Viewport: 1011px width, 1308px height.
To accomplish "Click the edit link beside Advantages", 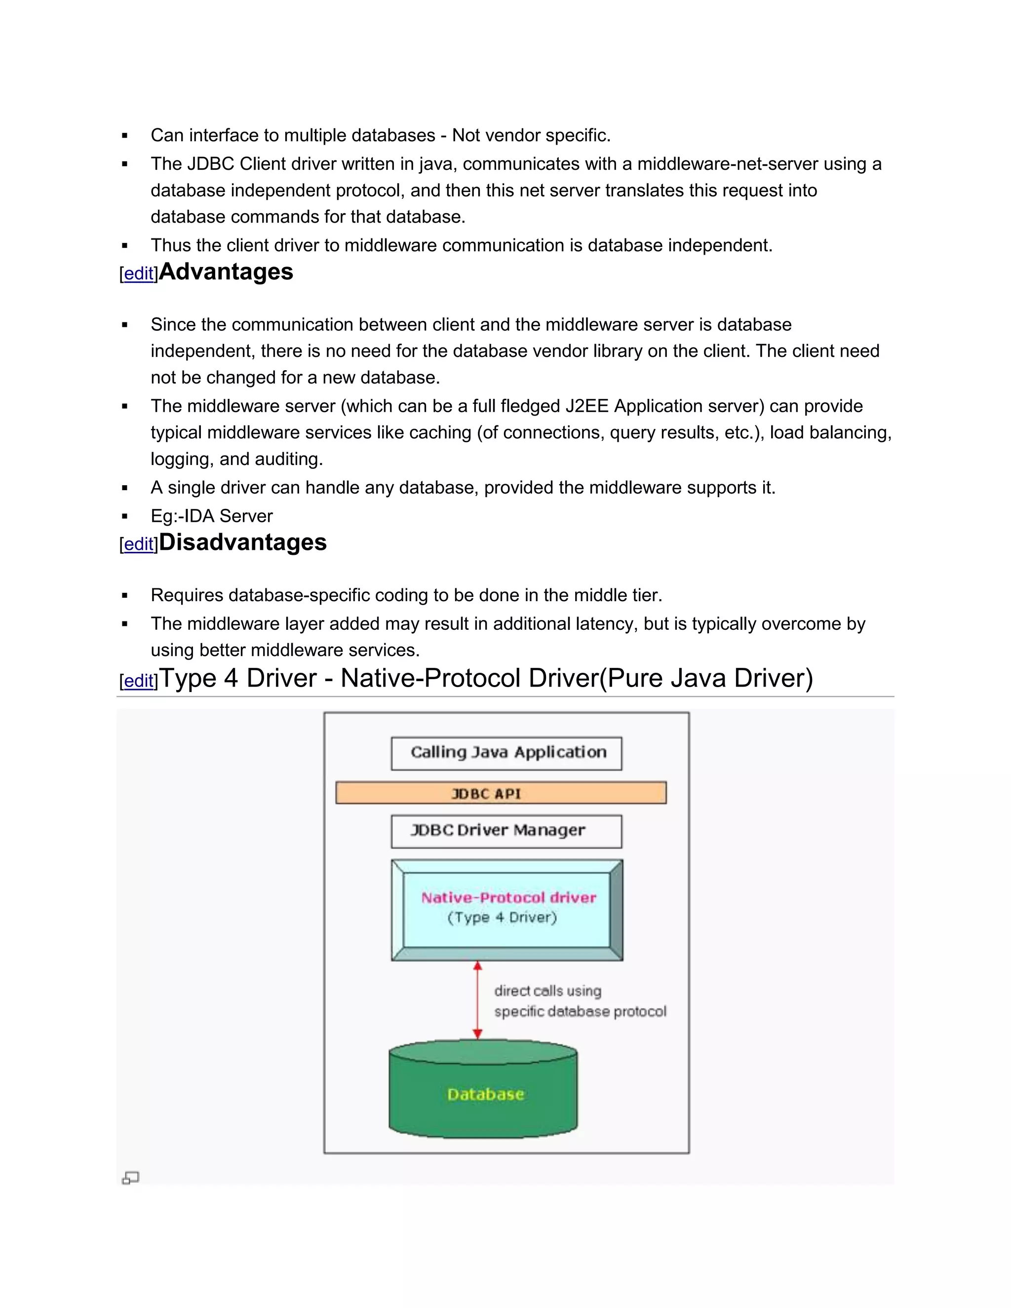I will (x=139, y=274).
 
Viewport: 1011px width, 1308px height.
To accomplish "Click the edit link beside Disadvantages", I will (x=139, y=544).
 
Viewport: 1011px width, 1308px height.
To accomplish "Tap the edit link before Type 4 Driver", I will (x=139, y=681).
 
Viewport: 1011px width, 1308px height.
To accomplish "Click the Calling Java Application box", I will (x=506, y=753).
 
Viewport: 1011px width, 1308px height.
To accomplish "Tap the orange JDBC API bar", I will (x=501, y=793).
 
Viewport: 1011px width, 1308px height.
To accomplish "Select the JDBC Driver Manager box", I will (x=506, y=831).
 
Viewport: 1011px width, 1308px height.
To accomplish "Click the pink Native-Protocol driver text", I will (x=508, y=897).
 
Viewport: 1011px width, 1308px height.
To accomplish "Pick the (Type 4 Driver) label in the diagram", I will (x=502, y=918).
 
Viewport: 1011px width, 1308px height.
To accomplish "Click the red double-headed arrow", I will (x=477, y=1000).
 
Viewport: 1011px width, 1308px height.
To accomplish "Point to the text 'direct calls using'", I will (x=547, y=991).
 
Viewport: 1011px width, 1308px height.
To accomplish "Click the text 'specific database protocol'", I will (x=580, y=1011).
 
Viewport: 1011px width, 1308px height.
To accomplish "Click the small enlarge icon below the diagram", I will (x=130, y=1178).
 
